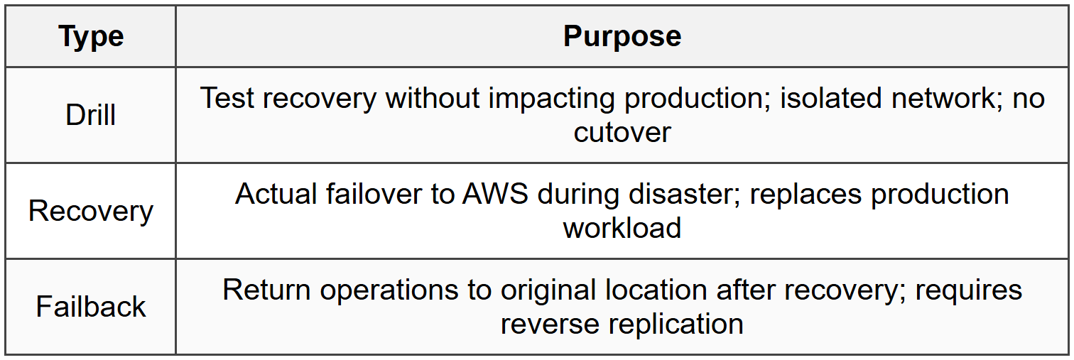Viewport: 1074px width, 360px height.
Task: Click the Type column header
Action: tap(91, 36)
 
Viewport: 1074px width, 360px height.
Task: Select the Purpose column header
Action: tap(622, 36)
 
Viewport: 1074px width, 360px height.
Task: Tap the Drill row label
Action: tap(91, 115)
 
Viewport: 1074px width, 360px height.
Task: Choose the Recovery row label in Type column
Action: tap(91, 211)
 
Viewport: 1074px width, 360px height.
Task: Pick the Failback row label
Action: tap(91, 307)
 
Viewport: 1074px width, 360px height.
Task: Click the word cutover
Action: tap(622, 132)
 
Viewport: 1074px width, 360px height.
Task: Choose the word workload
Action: tap(622, 228)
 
